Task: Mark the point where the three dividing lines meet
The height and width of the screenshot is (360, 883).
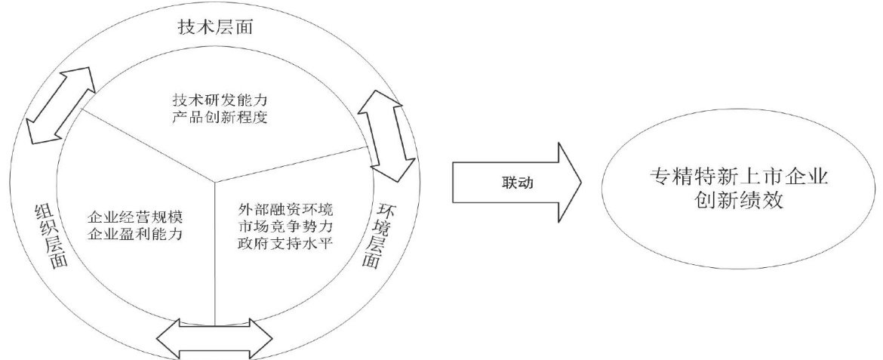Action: click(x=215, y=182)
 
